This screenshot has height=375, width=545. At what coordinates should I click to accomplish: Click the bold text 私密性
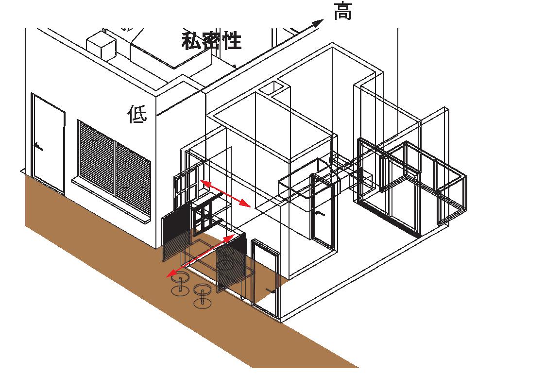pos(211,41)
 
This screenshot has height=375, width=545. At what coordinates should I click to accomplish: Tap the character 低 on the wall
pos(137,114)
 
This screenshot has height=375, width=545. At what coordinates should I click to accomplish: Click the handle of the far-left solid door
pos(38,145)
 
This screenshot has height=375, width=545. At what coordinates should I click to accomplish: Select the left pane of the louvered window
pos(96,155)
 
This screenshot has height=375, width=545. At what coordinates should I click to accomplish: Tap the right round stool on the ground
pos(202,295)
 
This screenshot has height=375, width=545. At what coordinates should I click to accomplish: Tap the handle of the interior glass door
pos(318,213)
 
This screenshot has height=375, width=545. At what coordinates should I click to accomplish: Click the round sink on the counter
pos(225,265)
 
